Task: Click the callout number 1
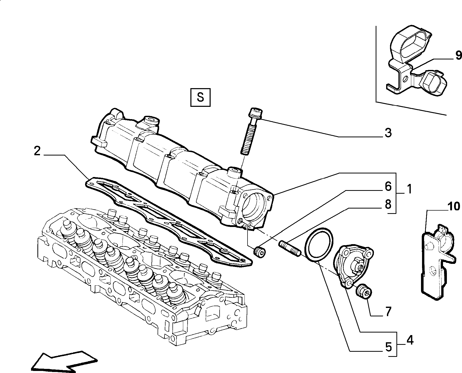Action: tap(409, 189)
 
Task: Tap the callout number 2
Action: tap(37, 151)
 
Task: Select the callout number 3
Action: tap(388, 133)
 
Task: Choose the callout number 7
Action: tap(388, 312)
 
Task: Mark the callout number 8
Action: tap(388, 204)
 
